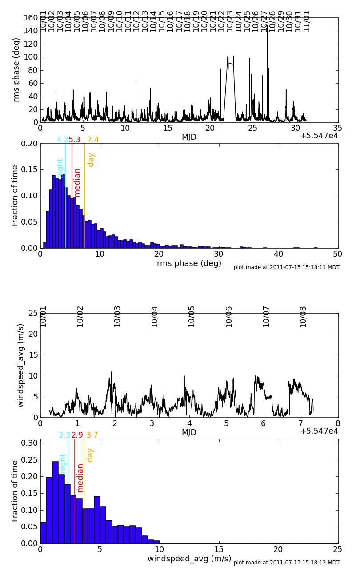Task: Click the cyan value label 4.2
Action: (62, 140)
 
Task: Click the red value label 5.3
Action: (74, 140)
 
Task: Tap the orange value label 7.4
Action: (93, 140)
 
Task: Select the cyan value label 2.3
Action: (64, 435)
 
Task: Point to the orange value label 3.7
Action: (92, 435)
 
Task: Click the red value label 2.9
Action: (77, 435)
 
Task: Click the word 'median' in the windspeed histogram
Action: (80, 477)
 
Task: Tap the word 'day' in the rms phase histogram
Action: (91, 160)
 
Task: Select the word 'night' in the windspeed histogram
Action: (63, 463)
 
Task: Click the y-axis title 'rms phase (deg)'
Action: (16, 69)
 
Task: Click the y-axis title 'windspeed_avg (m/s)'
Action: (21, 365)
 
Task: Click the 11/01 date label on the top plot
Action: (307, 20)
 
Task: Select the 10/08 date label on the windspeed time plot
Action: (303, 316)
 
